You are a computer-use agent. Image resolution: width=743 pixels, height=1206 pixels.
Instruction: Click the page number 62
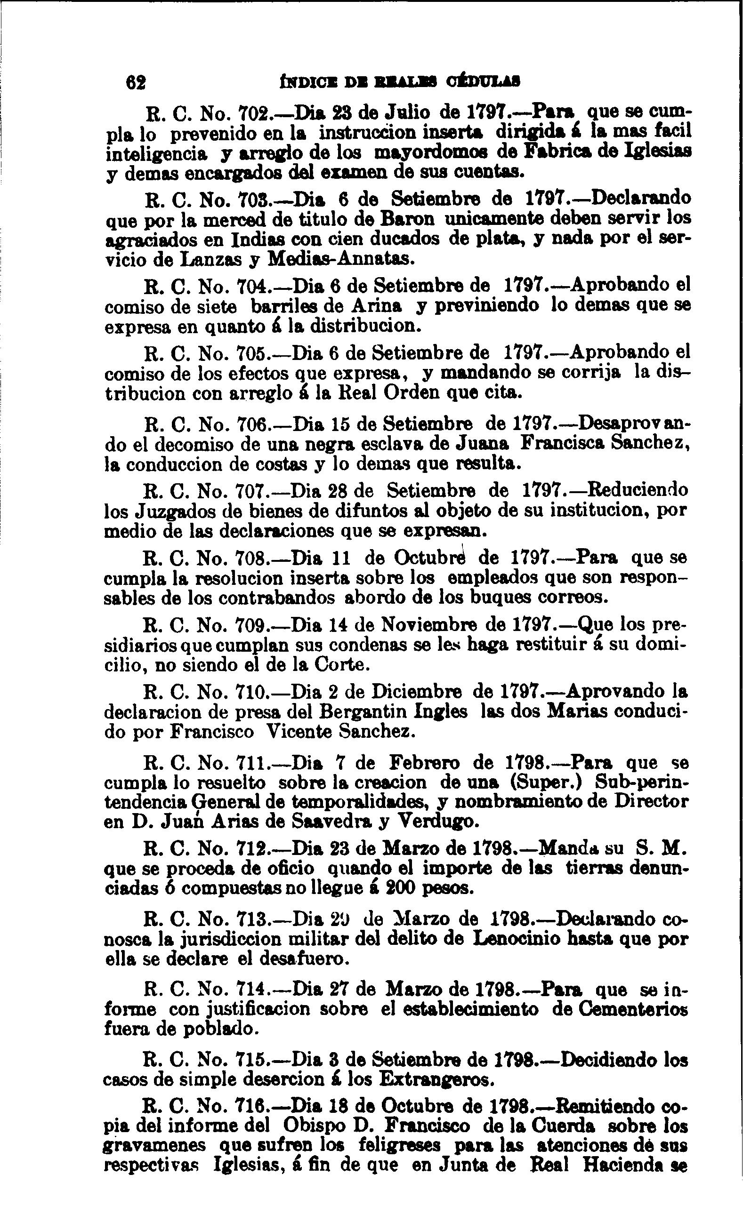[136, 82]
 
